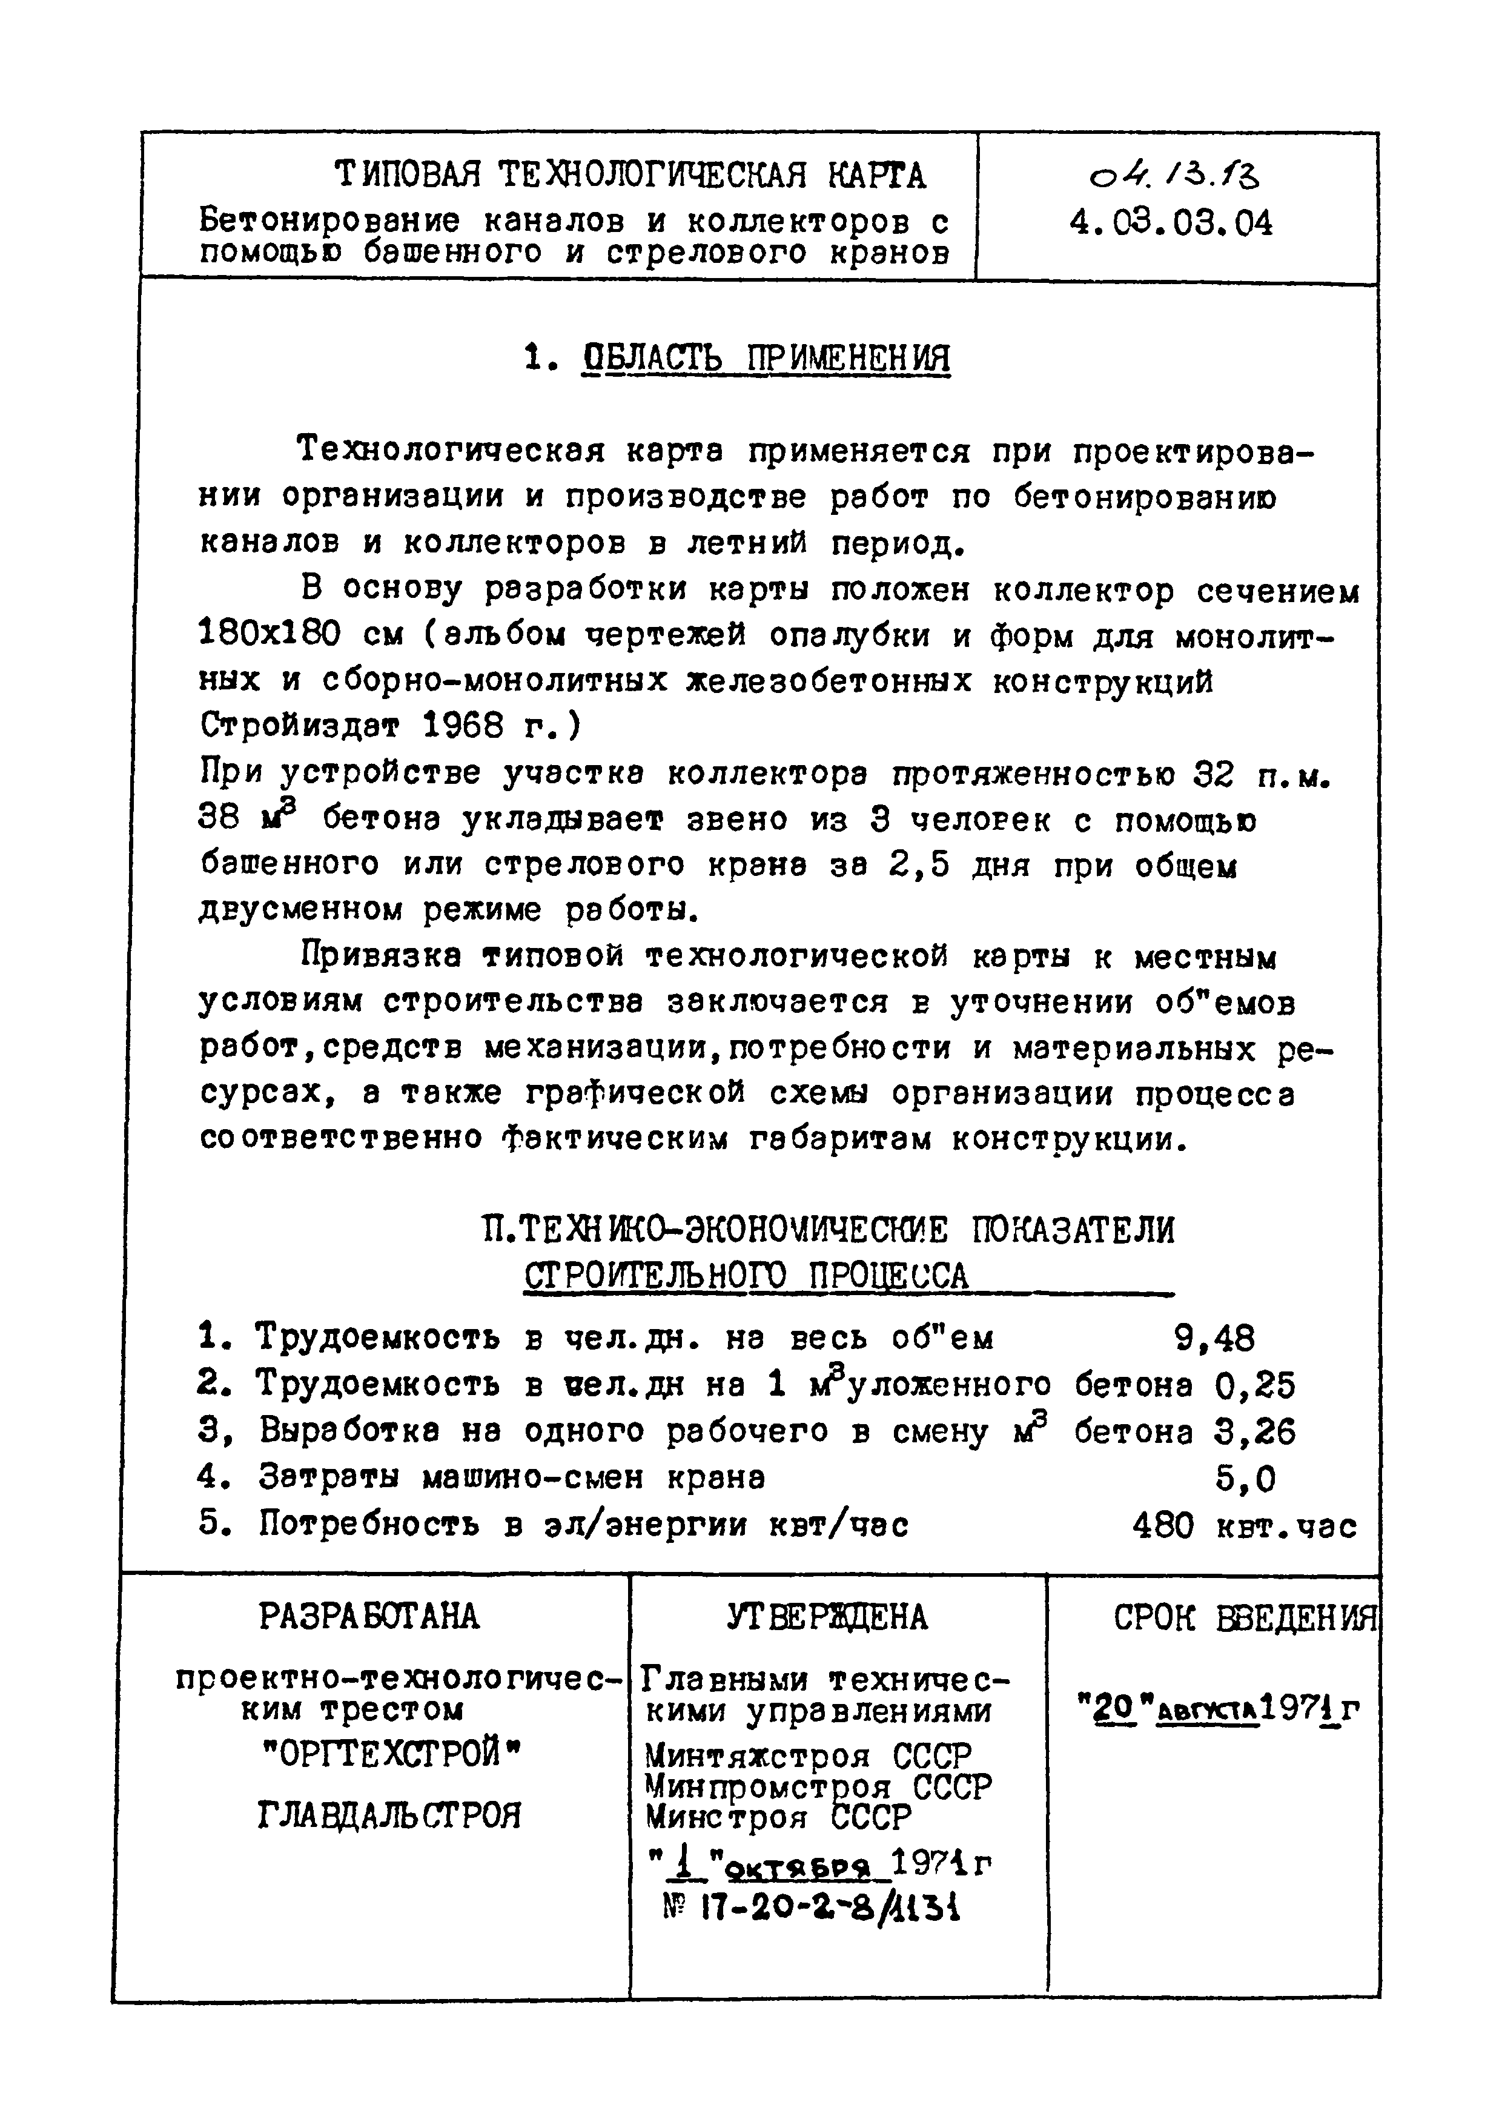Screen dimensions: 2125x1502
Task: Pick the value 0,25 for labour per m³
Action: pyautogui.click(x=1255, y=1385)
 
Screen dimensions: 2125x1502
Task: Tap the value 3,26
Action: pyautogui.click(x=1255, y=1432)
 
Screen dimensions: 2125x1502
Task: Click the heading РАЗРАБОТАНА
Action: pyautogui.click(x=369, y=1617)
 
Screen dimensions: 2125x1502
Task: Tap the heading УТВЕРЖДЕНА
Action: pyautogui.click(x=827, y=1617)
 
